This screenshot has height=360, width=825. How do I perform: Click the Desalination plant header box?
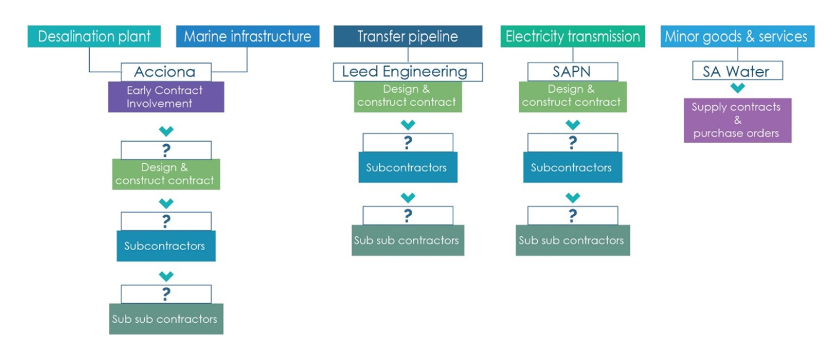click(x=94, y=36)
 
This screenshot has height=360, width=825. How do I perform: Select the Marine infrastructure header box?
click(x=247, y=36)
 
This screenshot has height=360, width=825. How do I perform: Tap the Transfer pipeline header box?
click(x=408, y=36)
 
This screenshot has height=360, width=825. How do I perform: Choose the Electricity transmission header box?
click(x=573, y=36)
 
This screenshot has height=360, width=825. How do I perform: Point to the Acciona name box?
click(x=166, y=72)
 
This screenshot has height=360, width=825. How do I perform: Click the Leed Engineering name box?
click(x=408, y=72)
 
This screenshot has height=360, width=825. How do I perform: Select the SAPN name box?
click(x=573, y=72)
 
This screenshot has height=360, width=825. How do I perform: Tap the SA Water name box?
click(x=737, y=72)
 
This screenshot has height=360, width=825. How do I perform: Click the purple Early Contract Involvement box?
click(x=166, y=97)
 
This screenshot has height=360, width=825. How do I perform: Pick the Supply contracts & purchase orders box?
click(x=737, y=120)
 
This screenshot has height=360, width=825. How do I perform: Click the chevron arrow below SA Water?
click(x=737, y=88)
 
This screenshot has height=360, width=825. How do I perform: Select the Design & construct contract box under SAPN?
click(x=572, y=96)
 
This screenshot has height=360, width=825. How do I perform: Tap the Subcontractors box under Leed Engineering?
click(x=408, y=167)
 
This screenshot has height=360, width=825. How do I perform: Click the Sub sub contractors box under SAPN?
click(x=572, y=240)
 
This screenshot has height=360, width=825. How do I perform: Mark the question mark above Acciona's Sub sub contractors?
click(x=166, y=295)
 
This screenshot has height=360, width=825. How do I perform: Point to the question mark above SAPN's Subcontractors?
click(x=573, y=143)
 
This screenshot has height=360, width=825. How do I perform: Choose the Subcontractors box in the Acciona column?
click(x=166, y=246)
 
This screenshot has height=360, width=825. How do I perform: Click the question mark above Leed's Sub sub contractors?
click(x=408, y=216)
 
